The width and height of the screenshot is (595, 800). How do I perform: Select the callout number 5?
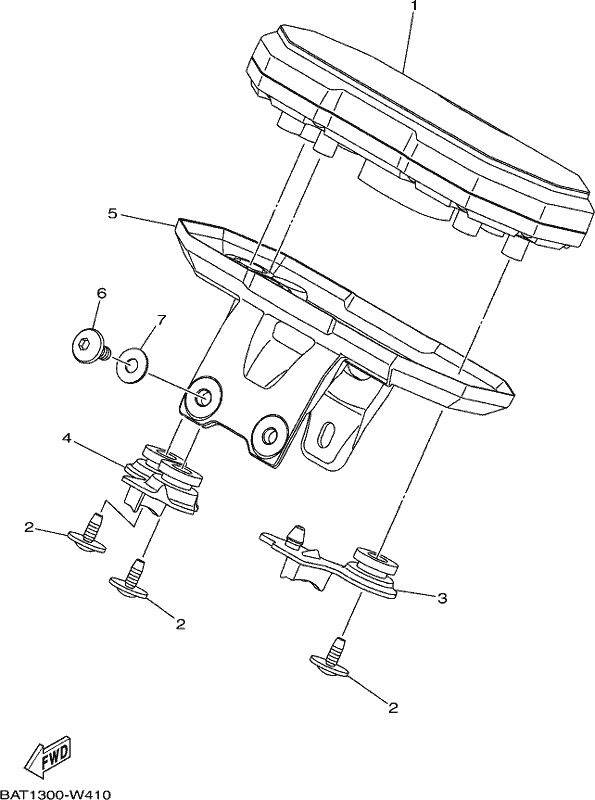[113, 213]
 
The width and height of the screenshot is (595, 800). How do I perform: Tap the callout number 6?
[101, 293]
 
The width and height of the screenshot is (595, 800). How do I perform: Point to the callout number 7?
[161, 320]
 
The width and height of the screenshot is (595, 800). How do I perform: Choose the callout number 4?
[66, 438]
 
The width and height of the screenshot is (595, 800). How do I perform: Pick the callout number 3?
[442, 598]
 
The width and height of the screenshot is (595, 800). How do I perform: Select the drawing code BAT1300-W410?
[55, 794]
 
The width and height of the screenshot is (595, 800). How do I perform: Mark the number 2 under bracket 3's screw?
[392, 707]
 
